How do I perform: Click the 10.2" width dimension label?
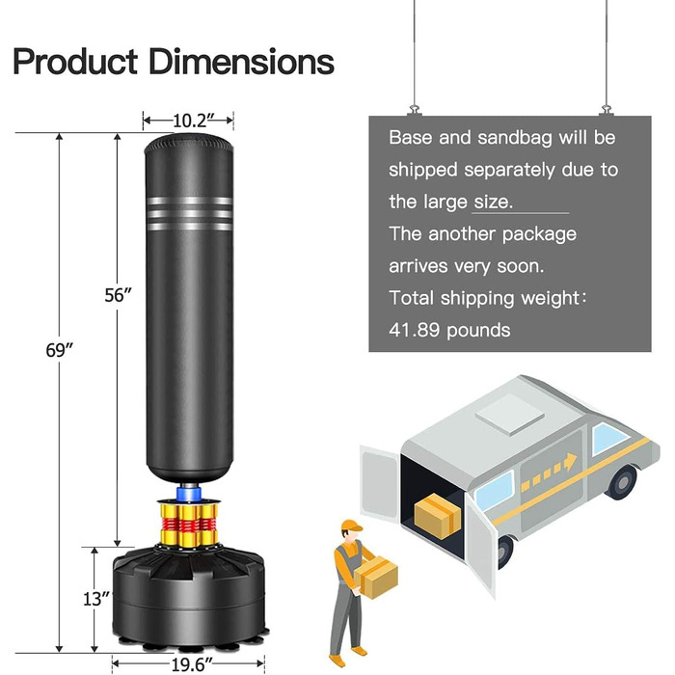[188, 121]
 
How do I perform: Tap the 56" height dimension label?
[119, 295]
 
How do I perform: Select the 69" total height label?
[60, 350]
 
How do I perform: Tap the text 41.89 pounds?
[449, 330]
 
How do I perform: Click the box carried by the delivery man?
[376, 578]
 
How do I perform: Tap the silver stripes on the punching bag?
[189, 212]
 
